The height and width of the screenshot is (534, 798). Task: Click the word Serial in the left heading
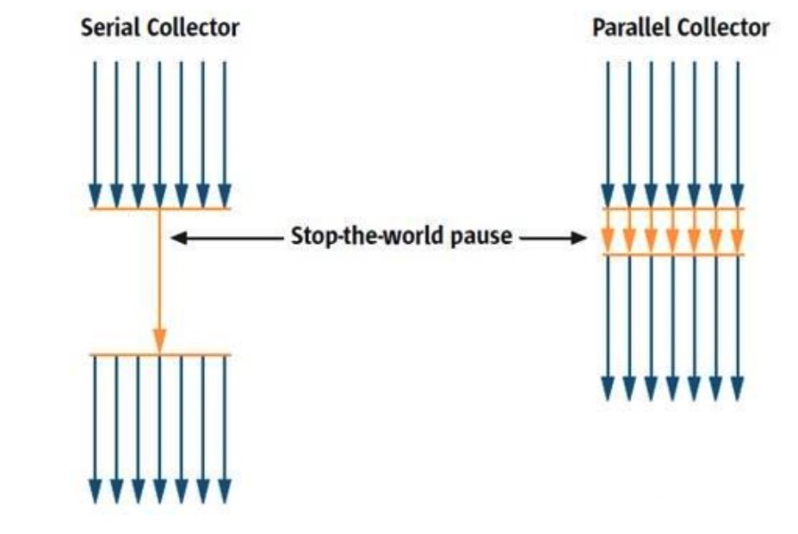110,28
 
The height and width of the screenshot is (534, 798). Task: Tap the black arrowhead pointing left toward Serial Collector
179,238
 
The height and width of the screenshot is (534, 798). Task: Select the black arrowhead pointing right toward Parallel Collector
579,238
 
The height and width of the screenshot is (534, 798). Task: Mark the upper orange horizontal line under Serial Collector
160,208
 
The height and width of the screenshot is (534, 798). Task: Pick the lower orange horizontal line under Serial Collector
160,354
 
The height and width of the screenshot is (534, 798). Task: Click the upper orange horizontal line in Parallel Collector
673,208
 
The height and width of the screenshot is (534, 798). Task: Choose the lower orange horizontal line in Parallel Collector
673,255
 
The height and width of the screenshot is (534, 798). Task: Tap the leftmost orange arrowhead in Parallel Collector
607,240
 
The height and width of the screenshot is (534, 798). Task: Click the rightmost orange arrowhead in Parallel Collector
738,240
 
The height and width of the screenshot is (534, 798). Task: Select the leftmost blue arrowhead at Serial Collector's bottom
95,490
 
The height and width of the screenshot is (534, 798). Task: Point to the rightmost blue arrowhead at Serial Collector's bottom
225,490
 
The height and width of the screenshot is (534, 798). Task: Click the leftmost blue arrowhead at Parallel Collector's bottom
607,389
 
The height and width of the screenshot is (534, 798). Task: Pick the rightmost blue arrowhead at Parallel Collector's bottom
738,389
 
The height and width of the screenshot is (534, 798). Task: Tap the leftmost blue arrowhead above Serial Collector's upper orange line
95,196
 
